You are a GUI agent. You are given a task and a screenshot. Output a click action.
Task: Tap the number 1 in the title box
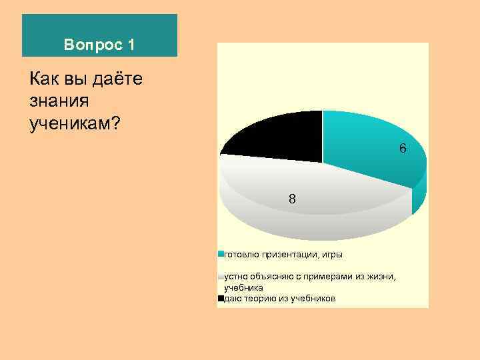(x=130, y=45)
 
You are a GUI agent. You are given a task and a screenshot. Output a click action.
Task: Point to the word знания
(x=59, y=101)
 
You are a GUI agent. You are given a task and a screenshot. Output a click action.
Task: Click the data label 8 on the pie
(x=292, y=199)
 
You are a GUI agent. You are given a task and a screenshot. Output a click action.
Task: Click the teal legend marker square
(x=221, y=254)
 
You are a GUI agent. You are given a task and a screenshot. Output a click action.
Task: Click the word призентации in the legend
(x=287, y=254)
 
